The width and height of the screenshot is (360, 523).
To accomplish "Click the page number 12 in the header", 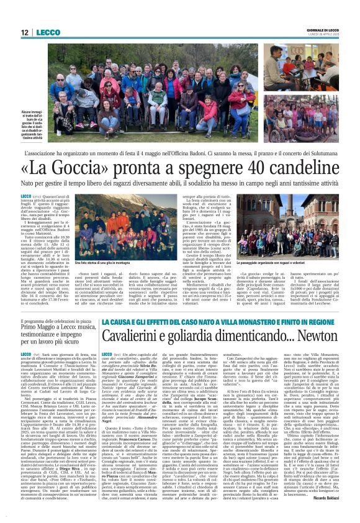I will [x=24, y=32].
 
